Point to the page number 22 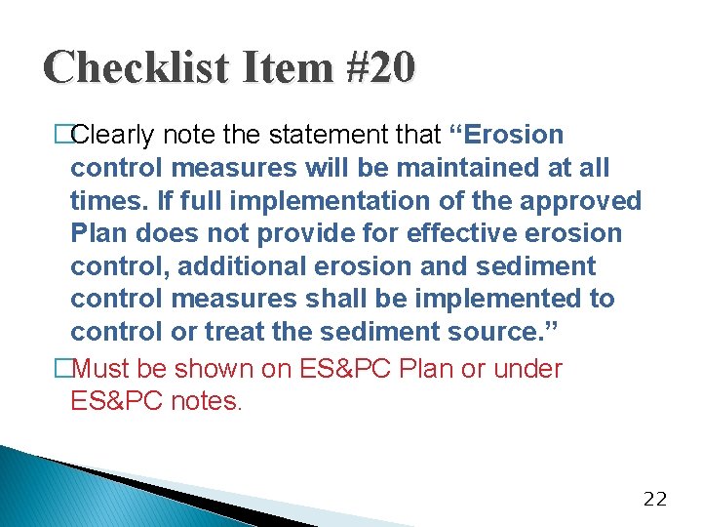coord(656,499)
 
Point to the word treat coord(232,332)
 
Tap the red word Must coord(101,369)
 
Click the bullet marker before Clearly coord(63,135)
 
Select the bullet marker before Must coord(63,369)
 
